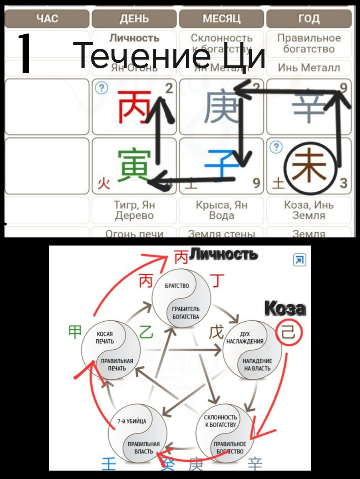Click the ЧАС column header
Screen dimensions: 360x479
47,19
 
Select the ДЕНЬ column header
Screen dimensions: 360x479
134,19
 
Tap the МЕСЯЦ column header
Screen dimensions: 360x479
221,19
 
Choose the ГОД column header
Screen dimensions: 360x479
309,19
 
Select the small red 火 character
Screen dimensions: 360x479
103,184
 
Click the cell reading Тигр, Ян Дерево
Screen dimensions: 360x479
135,210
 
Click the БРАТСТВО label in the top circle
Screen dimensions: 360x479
177,286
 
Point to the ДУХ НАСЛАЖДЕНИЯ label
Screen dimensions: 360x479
245,338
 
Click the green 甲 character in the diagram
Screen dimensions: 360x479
75,332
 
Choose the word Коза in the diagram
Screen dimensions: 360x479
285,309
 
